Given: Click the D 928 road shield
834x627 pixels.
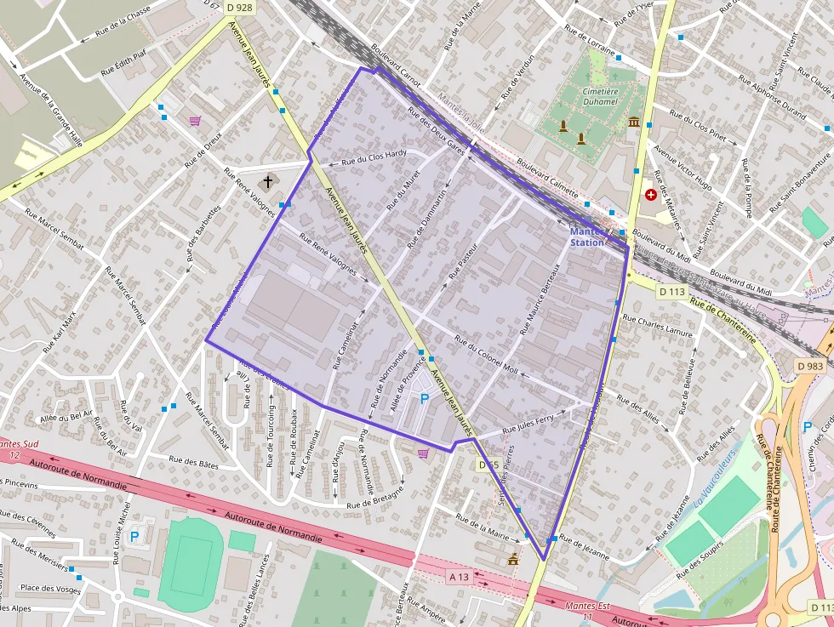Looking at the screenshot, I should pos(240,7).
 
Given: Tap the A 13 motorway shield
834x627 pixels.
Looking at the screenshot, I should pos(458,577).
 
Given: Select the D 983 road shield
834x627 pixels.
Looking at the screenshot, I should pos(810,366).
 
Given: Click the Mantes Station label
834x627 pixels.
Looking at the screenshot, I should pos(587,237).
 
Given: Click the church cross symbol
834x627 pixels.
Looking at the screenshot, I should pos(268,181).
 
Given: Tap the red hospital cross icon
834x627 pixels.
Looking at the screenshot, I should pos(651,194).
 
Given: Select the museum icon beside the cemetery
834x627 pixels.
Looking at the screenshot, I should pos(634,123).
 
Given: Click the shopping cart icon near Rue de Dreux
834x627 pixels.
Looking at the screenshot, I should pos(195,121).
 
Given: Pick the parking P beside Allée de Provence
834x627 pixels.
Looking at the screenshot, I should pos(424,398).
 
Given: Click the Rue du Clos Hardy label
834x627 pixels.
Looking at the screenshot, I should pos(374,157).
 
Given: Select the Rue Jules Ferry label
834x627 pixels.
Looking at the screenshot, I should pos(528,423).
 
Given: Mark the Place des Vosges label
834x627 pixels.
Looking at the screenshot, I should pos(50,589).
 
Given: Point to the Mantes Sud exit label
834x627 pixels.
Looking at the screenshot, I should pos(20,448).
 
